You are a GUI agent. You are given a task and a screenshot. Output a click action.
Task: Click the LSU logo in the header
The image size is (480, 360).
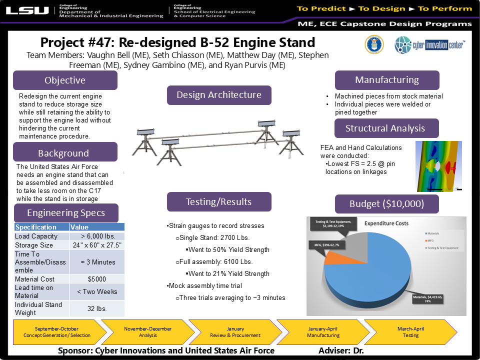coord(27,10)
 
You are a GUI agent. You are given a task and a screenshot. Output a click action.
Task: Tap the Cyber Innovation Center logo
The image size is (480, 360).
coord(429,45)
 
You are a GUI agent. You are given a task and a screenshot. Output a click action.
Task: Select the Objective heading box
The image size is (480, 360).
coord(65,80)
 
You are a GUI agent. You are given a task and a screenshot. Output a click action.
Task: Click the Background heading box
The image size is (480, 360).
coord(65,152)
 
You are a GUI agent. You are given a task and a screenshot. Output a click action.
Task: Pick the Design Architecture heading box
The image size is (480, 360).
coord(219,95)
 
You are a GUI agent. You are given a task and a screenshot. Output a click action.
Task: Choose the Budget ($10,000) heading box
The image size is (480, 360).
coord(386,204)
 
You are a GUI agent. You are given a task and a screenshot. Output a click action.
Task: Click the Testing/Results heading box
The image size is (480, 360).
coord(219,202)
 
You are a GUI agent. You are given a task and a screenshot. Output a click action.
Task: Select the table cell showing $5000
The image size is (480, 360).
coord(97,279)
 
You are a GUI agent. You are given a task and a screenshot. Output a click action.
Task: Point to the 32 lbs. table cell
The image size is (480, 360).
coord(97,308)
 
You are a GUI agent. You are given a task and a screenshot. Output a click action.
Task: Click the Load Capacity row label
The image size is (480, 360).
coord(40,236)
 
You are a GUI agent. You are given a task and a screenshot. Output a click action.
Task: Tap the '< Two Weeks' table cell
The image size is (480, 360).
coord(97,291)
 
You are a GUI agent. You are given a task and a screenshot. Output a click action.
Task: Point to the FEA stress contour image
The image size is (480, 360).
coord(439,166)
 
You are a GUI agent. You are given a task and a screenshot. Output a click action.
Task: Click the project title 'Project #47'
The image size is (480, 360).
coord(177,42)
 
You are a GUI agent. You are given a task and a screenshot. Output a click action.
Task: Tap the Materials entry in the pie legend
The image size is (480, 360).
coord(432,233)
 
